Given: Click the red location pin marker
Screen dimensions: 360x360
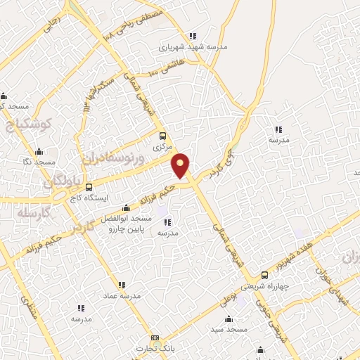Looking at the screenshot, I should pos(181,165).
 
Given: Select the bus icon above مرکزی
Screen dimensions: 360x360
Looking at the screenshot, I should pos(163,136).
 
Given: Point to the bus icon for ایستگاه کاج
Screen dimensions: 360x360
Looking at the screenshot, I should pos(89,187).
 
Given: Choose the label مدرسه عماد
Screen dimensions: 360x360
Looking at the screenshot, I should pos(121,296).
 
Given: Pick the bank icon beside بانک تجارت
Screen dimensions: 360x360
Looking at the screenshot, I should pos(155,339).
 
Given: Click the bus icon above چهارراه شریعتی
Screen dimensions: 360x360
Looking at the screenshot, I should pos(264,275).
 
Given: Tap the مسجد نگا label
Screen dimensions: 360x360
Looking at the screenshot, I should pos(39,162).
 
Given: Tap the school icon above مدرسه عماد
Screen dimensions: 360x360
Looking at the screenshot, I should pos(121,285).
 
